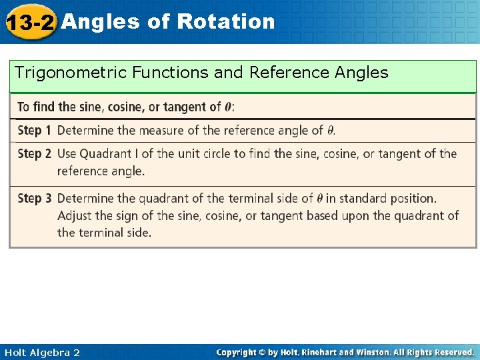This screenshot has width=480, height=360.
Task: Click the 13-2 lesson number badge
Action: (29, 23)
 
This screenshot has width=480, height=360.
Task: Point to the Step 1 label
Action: (34, 130)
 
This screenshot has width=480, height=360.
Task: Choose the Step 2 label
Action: (34, 153)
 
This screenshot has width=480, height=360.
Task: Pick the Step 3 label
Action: (34, 198)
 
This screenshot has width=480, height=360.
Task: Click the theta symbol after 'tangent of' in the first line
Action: (228, 107)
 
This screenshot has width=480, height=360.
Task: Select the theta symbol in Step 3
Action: (319, 199)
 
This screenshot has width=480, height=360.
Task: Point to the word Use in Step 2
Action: (67, 153)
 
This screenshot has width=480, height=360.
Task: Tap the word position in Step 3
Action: (413, 198)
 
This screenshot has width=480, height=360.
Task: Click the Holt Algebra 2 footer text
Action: (41, 352)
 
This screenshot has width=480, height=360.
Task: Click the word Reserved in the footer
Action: (451, 352)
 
